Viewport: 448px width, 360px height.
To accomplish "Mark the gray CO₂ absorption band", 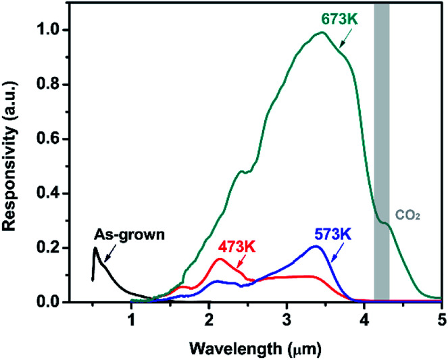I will pyautogui.click(x=382, y=135).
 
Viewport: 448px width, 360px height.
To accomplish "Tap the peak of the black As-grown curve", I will pyautogui.click(x=95, y=248).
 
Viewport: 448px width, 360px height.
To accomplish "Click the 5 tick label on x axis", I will pyautogui.click(x=441, y=318).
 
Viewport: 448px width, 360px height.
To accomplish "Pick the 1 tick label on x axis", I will pyautogui.click(x=131, y=318).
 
